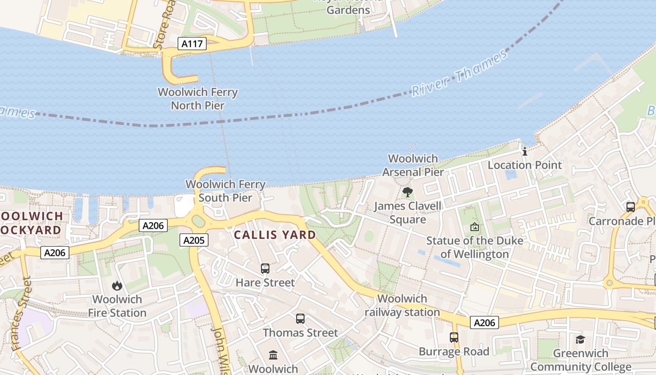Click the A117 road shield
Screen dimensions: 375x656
click(x=192, y=44)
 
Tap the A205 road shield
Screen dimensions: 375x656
click(x=194, y=240)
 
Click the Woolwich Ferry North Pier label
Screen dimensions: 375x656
click(x=198, y=99)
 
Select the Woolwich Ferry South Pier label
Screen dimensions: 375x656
click(x=225, y=191)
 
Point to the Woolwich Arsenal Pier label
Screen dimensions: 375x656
click(x=413, y=165)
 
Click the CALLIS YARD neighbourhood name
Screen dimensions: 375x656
click(x=275, y=235)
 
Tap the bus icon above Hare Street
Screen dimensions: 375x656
click(x=265, y=269)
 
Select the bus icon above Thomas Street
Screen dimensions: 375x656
click(x=300, y=319)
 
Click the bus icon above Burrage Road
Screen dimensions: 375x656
click(x=454, y=337)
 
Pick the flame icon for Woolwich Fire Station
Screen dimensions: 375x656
click(x=117, y=285)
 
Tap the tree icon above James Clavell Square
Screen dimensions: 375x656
click(x=408, y=192)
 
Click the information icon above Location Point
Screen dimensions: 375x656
click(x=525, y=151)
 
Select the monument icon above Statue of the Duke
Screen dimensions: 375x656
click(x=475, y=227)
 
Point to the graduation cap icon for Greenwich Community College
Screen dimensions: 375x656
click(x=581, y=340)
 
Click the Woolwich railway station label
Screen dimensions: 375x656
click(x=402, y=305)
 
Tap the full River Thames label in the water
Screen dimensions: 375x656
click(x=459, y=73)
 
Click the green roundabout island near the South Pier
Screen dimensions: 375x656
click(x=199, y=221)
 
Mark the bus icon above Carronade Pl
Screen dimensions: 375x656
click(x=631, y=207)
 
